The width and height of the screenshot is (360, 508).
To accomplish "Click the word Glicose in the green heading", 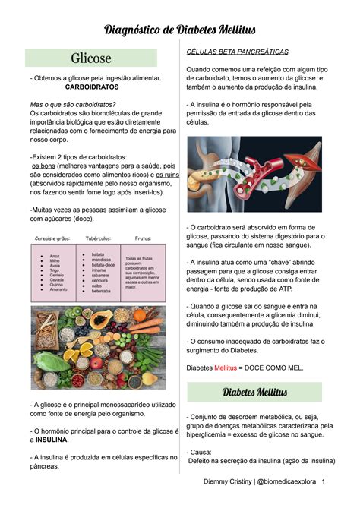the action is coord(90,58).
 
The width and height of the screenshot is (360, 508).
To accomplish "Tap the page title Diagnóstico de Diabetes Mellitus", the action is coord(179,30).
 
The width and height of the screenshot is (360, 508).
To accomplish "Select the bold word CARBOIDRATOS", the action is coord(90,87).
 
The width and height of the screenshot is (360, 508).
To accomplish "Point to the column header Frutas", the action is coord(143,238).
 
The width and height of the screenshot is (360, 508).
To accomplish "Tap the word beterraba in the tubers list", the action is coord(101,291).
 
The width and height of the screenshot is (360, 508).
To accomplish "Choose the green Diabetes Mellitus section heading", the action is coord(254,393).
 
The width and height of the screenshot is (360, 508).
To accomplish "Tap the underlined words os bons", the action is coord(43,166).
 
